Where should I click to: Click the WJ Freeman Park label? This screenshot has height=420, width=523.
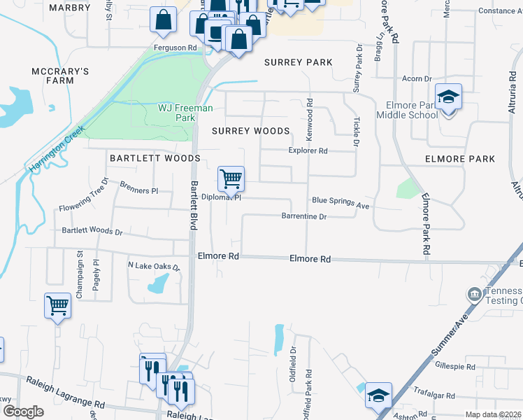tap(185, 113)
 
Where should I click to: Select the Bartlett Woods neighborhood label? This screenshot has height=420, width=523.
tap(155, 158)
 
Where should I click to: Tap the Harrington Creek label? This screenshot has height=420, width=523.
tap(57, 149)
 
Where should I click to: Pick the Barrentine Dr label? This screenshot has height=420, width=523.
tap(304, 217)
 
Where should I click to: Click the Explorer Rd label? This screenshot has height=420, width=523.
tap(308, 150)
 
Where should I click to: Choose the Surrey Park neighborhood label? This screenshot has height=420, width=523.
tap(298, 62)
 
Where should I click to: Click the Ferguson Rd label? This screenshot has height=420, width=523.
tap(175, 48)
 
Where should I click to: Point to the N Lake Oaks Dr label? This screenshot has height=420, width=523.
tap(154, 267)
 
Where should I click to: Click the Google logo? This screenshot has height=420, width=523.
tap(23, 412)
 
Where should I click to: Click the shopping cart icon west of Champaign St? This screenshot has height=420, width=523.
tap(57, 305)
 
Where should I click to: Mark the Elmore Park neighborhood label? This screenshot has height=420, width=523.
tap(460, 159)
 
